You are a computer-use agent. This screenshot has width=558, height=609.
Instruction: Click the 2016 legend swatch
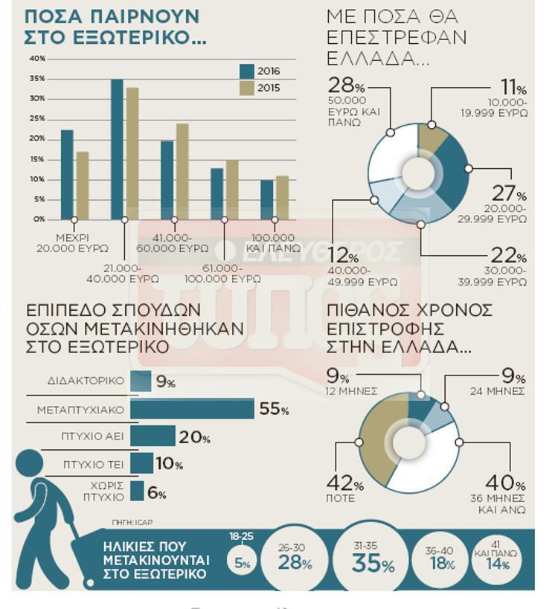(247, 71)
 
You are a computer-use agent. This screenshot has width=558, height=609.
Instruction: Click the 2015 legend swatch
(247, 88)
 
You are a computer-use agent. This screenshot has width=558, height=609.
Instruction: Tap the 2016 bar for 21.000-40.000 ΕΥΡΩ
(118, 149)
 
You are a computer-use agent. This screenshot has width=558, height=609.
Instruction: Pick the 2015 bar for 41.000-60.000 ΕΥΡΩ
(182, 171)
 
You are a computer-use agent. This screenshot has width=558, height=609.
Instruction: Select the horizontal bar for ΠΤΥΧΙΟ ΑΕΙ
(153, 436)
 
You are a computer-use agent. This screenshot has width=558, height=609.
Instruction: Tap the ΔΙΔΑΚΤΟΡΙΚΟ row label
(86, 381)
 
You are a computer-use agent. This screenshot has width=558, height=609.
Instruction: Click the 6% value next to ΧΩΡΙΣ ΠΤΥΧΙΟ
(157, 492)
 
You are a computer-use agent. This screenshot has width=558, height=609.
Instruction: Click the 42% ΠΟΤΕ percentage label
(346, 485)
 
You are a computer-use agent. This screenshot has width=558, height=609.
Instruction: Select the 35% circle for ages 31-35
(373, 563)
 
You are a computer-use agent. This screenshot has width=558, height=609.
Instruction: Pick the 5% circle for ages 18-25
(243, 563)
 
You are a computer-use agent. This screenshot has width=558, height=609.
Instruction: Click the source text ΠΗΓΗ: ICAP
(126, 521)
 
